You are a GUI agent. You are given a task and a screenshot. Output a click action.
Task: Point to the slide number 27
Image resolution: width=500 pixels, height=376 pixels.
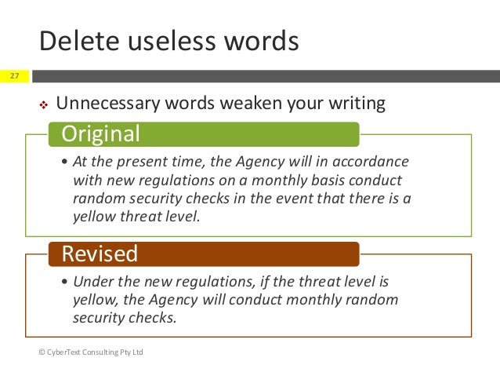(x=14, y=76)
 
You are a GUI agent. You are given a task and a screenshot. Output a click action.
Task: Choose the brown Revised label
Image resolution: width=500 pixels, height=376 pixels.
(x=100, y=254)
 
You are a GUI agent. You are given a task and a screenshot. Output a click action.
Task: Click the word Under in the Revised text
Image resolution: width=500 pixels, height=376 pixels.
(x=91, y=282)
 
